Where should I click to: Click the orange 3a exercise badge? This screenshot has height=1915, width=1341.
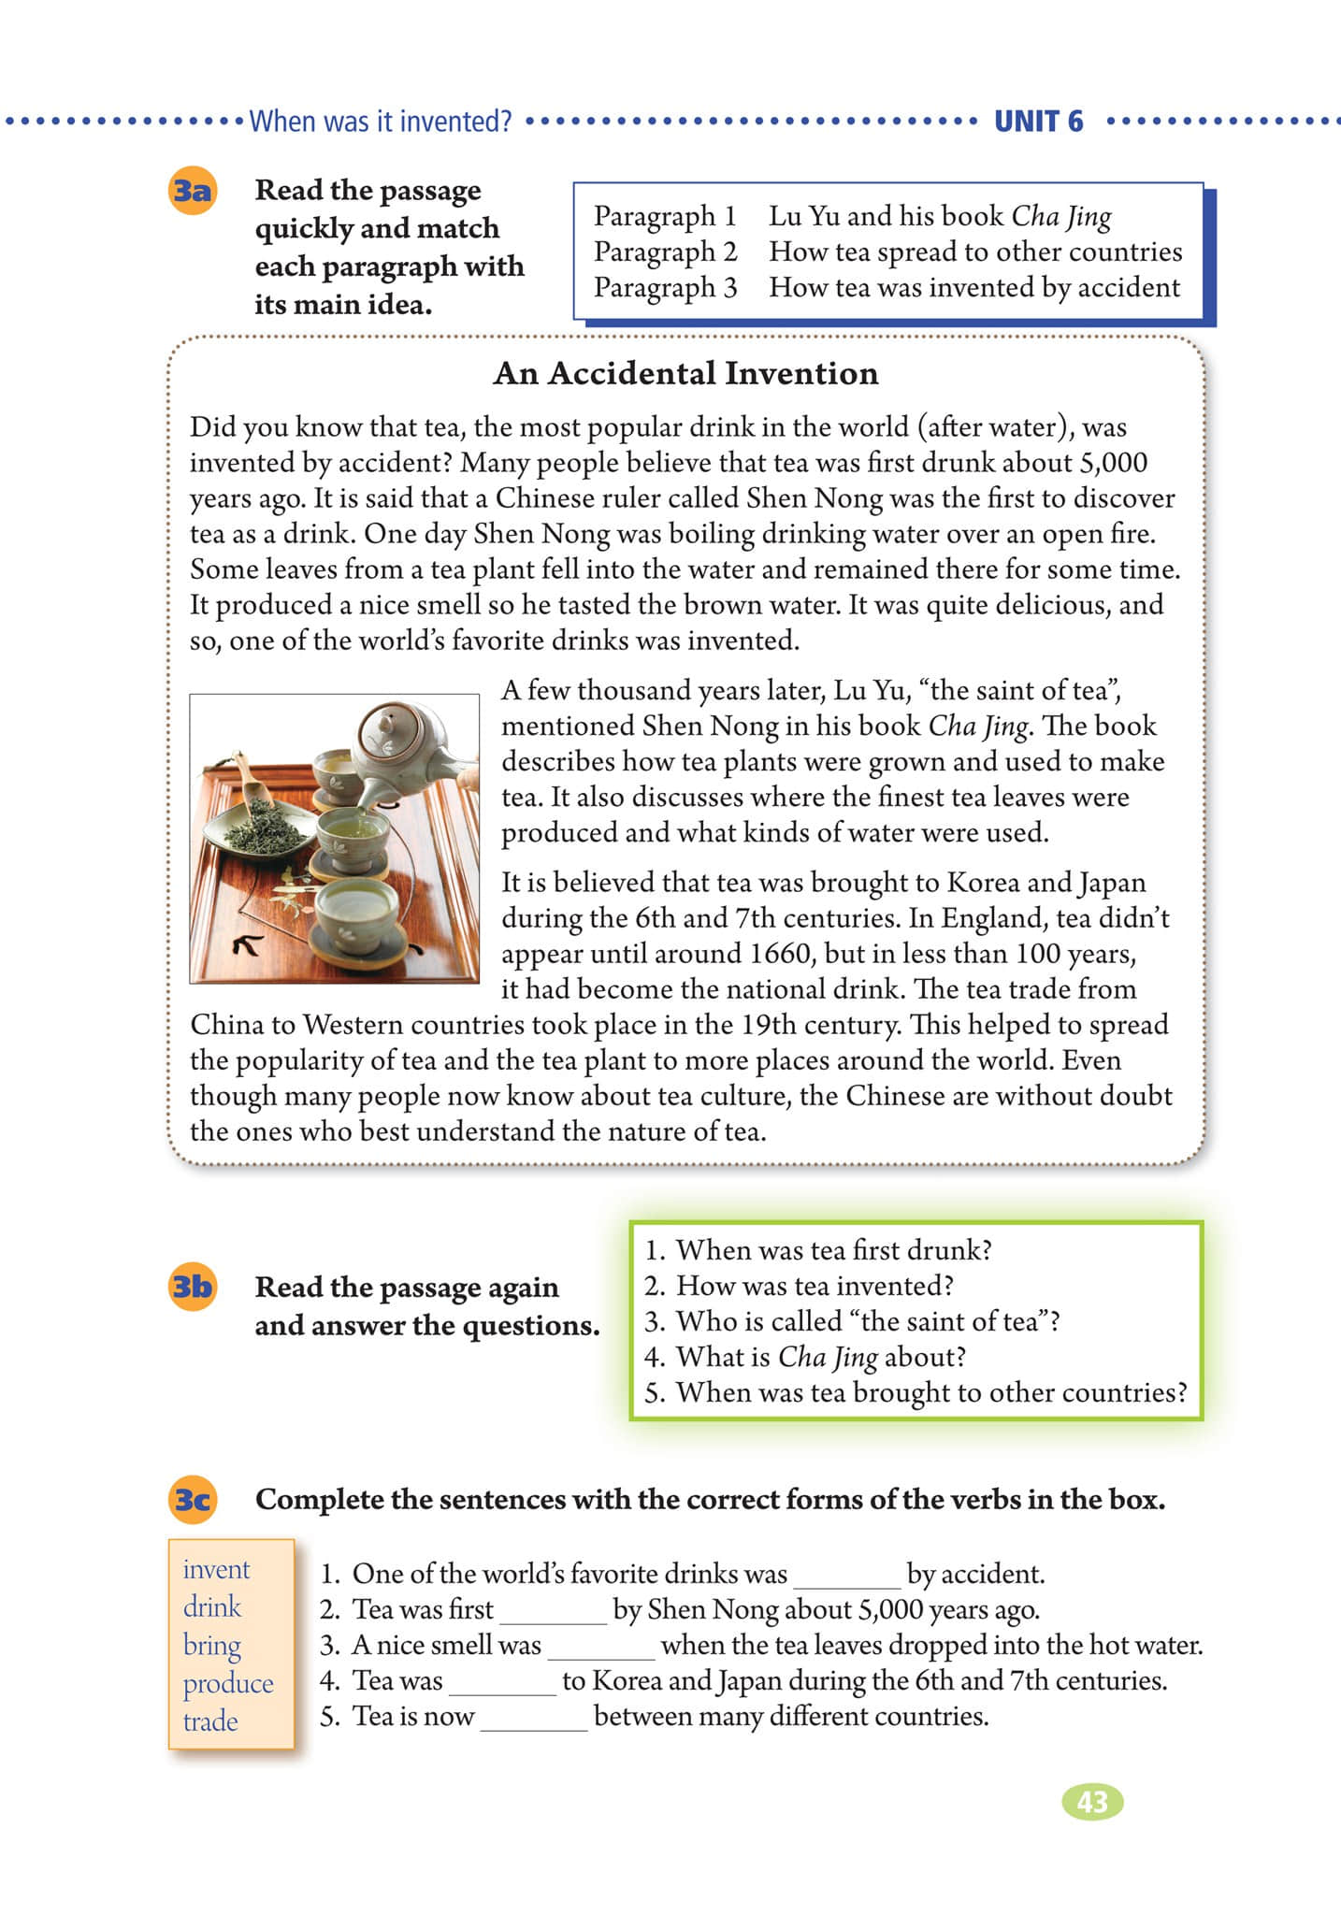[x=193, y=192]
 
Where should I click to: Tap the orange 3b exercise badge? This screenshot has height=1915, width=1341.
[x=193, y=1288]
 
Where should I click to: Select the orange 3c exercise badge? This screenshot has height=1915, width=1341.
[x=193, y=1500]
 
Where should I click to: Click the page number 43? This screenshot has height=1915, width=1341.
[x=1092, y=1802]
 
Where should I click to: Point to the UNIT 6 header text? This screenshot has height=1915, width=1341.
[x=1038, y=122]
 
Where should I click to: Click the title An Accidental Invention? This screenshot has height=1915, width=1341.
[x=685, y=373]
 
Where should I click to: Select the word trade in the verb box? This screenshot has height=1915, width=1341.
[x=210, y=1721]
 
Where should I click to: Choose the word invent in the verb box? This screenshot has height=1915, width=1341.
[x=216, y=1569]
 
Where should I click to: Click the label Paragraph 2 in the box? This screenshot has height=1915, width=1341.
[x=665, y=252]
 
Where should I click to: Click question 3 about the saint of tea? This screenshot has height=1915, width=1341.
[x=852, y=1321]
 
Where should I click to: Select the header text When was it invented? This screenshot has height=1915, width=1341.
[x=381, y=122]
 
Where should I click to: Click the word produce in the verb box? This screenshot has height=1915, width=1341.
[x=228, y=1683]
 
